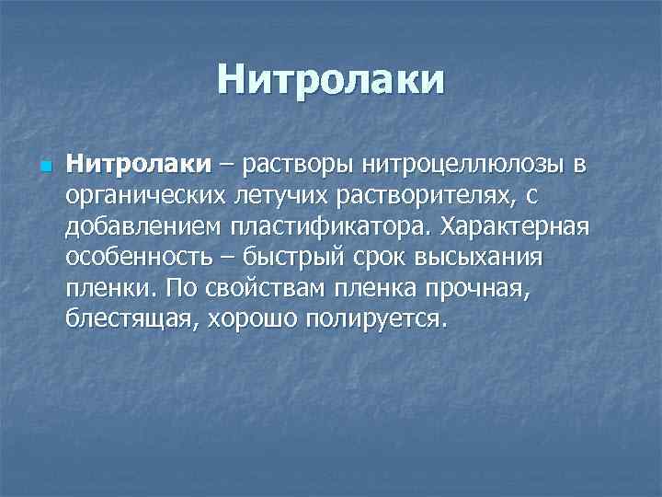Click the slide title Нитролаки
pos(331,80)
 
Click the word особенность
pos(133,258)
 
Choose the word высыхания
pos(483,258)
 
